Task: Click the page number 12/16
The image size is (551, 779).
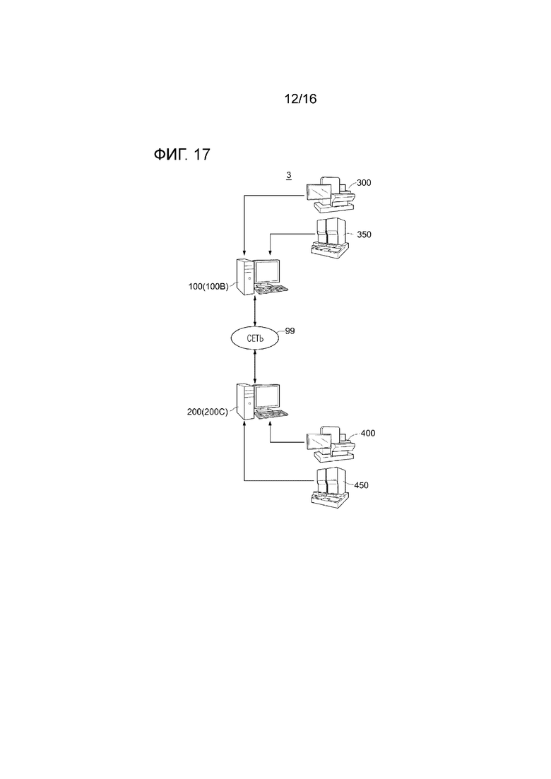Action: pyautogui.click(x=300, y=99)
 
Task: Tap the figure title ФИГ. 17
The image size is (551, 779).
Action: pyautogui.click(x=182, y=155)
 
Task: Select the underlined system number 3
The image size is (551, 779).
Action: pyautogui.click(x=289, y=175)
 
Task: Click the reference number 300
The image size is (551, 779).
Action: pyautogui.click(x=365, y=182)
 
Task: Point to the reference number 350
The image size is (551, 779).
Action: pyautogui.click(x=365, y=234)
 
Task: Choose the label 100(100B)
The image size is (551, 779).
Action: pyautogui.click(x=208, y=286)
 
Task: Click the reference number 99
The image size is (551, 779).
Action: pyautogui.click(x=290, y=331)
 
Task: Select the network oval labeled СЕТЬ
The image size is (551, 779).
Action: pyautogui.click(x=255, y=339)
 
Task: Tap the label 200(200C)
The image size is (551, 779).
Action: pyautogui.click(x=207, y=412)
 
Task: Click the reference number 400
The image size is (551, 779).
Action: pyautogui.click(x=368, y=433)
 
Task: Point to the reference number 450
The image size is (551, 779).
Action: pyautogui.click(x=361, y=485)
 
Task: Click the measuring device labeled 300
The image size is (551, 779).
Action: pyautogui.click(x=331, y=194)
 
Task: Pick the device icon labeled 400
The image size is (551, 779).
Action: pyautogui.click(x=331, y=444)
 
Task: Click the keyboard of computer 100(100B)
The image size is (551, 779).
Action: pyautogui.click(x=271, y=290)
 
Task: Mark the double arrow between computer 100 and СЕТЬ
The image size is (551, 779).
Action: pyautogui.click(x=255, y=311)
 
